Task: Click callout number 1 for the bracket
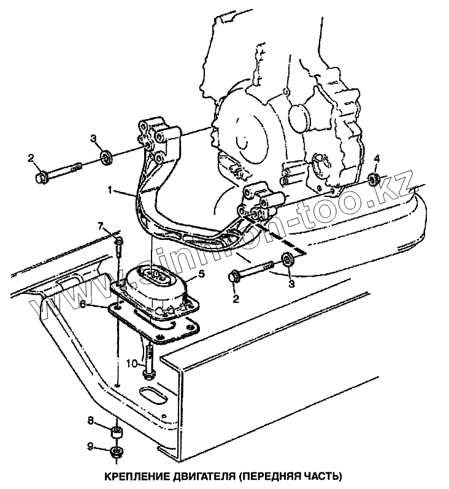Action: point(110,191)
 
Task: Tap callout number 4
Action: point(377,159)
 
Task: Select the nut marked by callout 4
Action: point(372,179)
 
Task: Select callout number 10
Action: point(131,363)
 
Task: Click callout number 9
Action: point(90,447)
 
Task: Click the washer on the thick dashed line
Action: point(286,258)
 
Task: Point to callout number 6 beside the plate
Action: point(91,303)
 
